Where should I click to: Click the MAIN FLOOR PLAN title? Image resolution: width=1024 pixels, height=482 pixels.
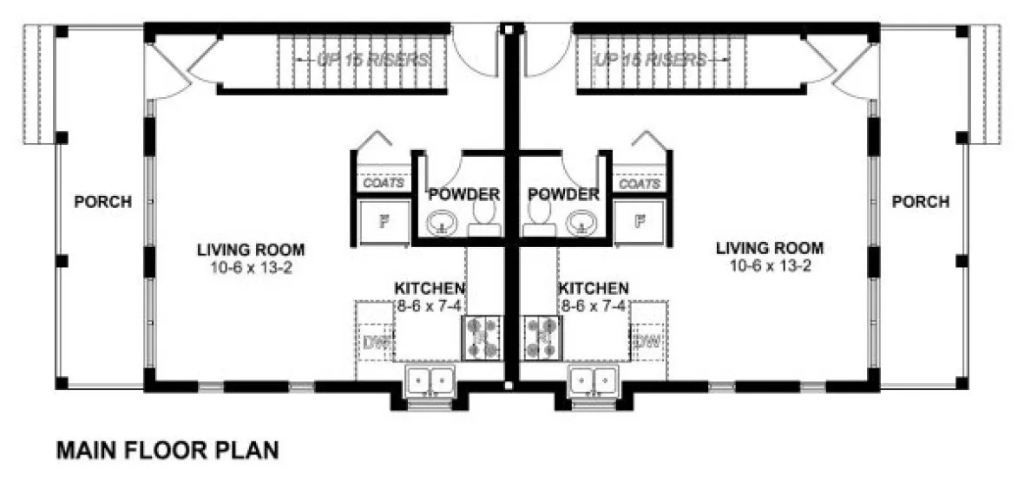167,450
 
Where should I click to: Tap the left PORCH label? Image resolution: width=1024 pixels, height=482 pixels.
103,202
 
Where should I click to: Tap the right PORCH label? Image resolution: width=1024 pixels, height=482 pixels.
920,202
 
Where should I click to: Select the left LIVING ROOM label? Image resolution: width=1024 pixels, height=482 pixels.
251,250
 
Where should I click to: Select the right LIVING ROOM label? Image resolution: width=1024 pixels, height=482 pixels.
770,248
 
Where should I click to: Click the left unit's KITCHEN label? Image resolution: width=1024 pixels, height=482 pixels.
430,288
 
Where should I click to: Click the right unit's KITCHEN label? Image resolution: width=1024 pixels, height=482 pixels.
594,288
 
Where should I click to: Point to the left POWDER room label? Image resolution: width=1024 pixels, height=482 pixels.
464,193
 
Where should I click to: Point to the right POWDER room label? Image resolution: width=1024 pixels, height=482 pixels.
563,193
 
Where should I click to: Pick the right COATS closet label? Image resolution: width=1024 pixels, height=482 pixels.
639,184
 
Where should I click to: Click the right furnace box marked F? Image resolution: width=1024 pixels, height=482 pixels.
640,220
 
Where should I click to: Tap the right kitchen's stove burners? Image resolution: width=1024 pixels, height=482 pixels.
542,337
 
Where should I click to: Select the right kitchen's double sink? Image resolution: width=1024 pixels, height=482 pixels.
594,381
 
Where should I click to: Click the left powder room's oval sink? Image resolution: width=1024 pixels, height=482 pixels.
443,224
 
